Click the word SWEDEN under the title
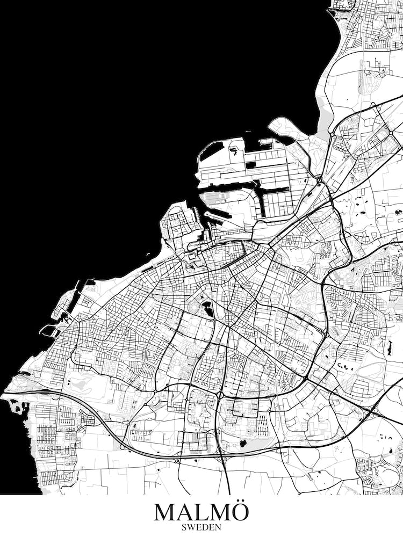click(x=201, y=527)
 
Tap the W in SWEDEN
click(x=192, y=527)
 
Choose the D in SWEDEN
click(x=205, y=527)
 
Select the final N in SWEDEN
click(x=218, y=527)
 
